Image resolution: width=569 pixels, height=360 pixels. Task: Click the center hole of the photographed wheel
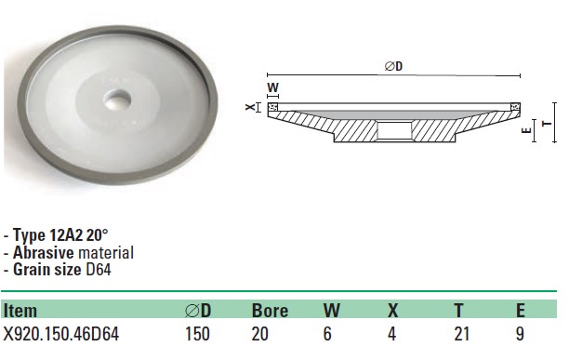[x=118, y=100]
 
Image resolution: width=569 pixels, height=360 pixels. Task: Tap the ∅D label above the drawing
[x=393, y=66]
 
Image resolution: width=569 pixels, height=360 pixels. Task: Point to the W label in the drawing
[x=273, y=87]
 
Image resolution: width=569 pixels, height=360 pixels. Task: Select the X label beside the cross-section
[x=250, y=107]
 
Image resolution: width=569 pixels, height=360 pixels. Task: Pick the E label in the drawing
[x=526, y=130]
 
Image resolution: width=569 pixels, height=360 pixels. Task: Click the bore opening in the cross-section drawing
[x=394, y=131]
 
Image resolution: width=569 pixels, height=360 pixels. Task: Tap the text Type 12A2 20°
[x=60, y=235]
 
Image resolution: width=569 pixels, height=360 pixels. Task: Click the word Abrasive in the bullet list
[x=44, y=253]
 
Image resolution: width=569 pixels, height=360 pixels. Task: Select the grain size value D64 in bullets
[x=98, y=270]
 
